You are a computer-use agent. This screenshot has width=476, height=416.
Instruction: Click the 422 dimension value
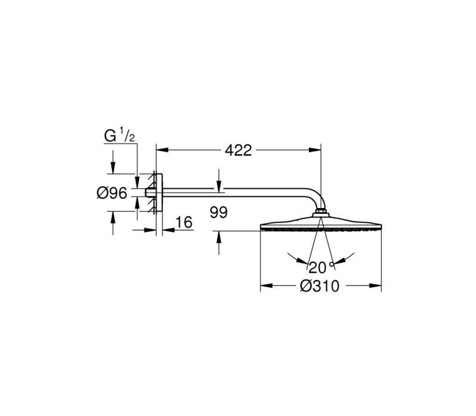[239, 150]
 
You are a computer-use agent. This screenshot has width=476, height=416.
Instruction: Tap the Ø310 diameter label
[320, 286]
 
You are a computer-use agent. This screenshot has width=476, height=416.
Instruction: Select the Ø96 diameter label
[112, 193]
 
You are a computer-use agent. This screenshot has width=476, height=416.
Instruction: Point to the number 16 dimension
[184, 222]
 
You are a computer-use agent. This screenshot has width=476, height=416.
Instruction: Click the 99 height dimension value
[218, 213]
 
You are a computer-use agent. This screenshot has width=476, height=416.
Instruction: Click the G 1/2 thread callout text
[119, 136]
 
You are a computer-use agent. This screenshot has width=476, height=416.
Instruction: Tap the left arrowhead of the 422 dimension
[162, 150]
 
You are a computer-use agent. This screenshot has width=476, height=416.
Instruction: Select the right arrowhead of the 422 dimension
[315, 150]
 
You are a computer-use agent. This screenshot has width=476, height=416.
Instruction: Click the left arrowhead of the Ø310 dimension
[267, 286]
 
